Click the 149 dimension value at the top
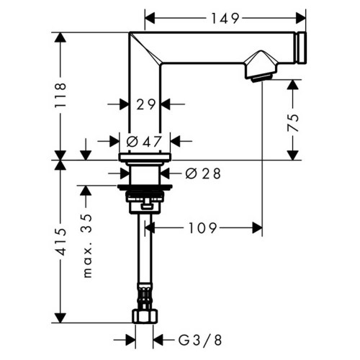[x=226, y=15]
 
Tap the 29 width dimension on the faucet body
[x=146, y=104]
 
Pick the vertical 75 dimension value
[x=293, y=120]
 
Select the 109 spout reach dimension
[x=204, y=228]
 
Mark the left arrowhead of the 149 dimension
[x=149, y=15]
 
